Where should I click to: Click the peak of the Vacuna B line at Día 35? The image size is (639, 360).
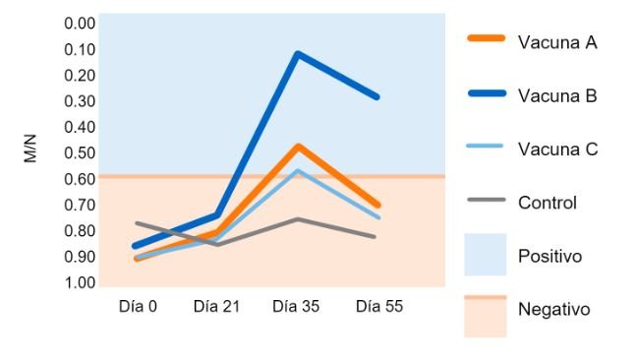tap(298, 53)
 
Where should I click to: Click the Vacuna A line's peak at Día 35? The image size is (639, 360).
tap(298, 146)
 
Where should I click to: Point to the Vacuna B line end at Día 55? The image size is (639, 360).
tap(378, 96)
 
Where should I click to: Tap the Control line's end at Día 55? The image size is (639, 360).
tap(376, 237)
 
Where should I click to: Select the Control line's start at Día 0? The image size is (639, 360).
tap(137, 223)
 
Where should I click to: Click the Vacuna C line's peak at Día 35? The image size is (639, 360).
tap(298, 170)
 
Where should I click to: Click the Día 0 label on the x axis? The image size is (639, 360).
tap(138, 306)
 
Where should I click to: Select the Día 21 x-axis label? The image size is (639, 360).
tap(216, 306)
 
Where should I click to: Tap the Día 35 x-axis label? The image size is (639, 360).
tap(296, 306)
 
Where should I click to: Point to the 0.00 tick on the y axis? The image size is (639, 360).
tap(80, 23)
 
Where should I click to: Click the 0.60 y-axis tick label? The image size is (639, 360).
tap(80, 179)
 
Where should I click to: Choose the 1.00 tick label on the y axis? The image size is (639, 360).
tap(80, 283)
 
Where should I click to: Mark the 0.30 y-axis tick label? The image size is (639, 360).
tap(80, 100)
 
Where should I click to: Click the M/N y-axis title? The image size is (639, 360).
tap(30, 152)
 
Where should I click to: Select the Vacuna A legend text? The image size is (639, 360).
tap(557, 42)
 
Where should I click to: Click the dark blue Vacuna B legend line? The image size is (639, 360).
tap(485, 95)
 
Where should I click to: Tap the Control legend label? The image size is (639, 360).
tap(547, 203)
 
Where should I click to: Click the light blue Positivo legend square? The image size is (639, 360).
tap(485, 255)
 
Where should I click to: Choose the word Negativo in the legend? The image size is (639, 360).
tap(553, 309)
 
